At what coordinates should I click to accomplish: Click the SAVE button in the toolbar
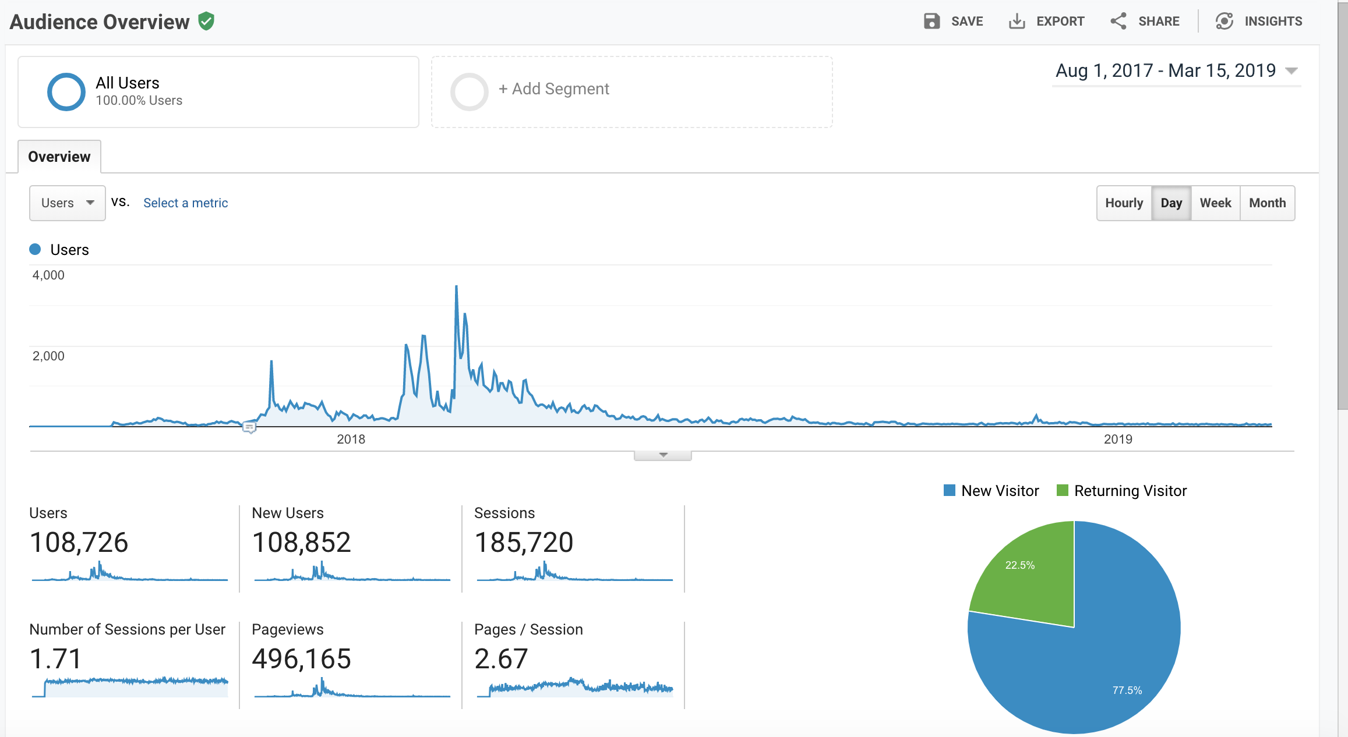click(x=954, y=22)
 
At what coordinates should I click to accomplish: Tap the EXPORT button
click(x=1047, y=22)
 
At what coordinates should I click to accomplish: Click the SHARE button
click(x=1145, y=22)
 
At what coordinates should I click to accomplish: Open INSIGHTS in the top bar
click(x=1259, y=22)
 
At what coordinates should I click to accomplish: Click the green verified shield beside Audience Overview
click(x=206, y=22)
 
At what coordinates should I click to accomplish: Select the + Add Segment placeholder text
click(x=554, y=89)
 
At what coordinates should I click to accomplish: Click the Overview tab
click(x=59, y=157)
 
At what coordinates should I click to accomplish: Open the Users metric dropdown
click(x=68, y=203)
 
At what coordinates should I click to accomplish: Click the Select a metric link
click(x=185, y=203)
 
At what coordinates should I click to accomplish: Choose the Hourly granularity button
click(x=1124, y=203)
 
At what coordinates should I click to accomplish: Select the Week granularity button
click(x=1215, y=203)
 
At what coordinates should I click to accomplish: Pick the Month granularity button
click(x=1267, y=203)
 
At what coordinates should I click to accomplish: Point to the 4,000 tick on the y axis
click(x=48, y=275)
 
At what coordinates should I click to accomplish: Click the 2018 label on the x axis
click(x=351, y=440)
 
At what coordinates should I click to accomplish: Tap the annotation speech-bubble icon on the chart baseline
click(x=249, y=428)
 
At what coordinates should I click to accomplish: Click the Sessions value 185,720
click(x=524, y=543)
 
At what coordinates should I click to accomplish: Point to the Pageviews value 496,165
click(x=301, y=659)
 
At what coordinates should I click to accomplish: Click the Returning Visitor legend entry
click(x=1122, y=491)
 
